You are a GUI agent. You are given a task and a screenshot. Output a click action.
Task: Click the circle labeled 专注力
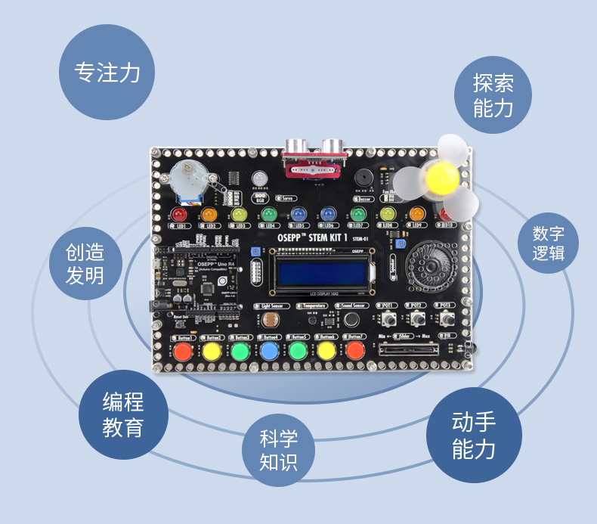click(107, 73)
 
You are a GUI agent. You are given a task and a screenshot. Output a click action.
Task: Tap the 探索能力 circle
click(493, 95)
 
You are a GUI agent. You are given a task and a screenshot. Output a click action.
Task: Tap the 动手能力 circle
click(474, 436)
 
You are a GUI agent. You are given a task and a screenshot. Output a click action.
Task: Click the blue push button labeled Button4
click(269, 351)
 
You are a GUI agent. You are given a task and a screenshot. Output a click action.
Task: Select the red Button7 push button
click(355, 351)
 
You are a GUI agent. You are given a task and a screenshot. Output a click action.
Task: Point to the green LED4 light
click(268, 215)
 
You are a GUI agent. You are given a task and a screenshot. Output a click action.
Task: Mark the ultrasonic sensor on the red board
click(314, 150)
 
